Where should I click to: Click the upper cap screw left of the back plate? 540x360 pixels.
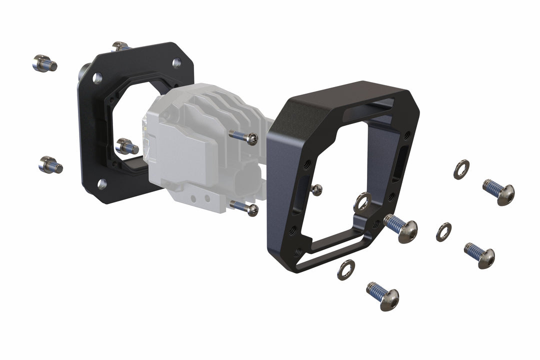(44, 63)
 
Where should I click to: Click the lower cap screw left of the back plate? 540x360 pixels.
(50, 164)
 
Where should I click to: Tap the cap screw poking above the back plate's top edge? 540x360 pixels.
(120, 46)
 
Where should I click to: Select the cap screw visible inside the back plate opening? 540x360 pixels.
(126, 146)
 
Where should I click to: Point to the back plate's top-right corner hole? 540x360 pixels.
(176, 63)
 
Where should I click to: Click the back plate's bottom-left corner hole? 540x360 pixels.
(101, 184)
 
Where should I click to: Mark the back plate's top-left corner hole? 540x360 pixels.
(97, 78)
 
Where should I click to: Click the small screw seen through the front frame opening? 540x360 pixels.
(316, 189)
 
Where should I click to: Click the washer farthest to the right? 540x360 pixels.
(461, 169)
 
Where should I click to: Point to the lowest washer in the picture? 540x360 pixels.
(346, 270)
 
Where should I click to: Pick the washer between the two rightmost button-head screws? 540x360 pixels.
(443, 231)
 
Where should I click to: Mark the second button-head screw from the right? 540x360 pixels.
(480, 255)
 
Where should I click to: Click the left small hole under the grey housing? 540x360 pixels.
(196, 198)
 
